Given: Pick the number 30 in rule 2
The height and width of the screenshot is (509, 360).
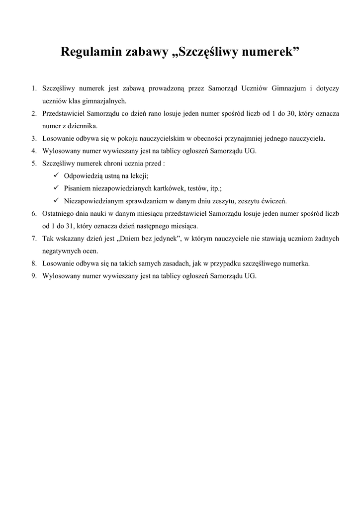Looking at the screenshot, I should tap(290, 114).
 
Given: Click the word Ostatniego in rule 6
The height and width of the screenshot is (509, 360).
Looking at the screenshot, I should tap(58, 214).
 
